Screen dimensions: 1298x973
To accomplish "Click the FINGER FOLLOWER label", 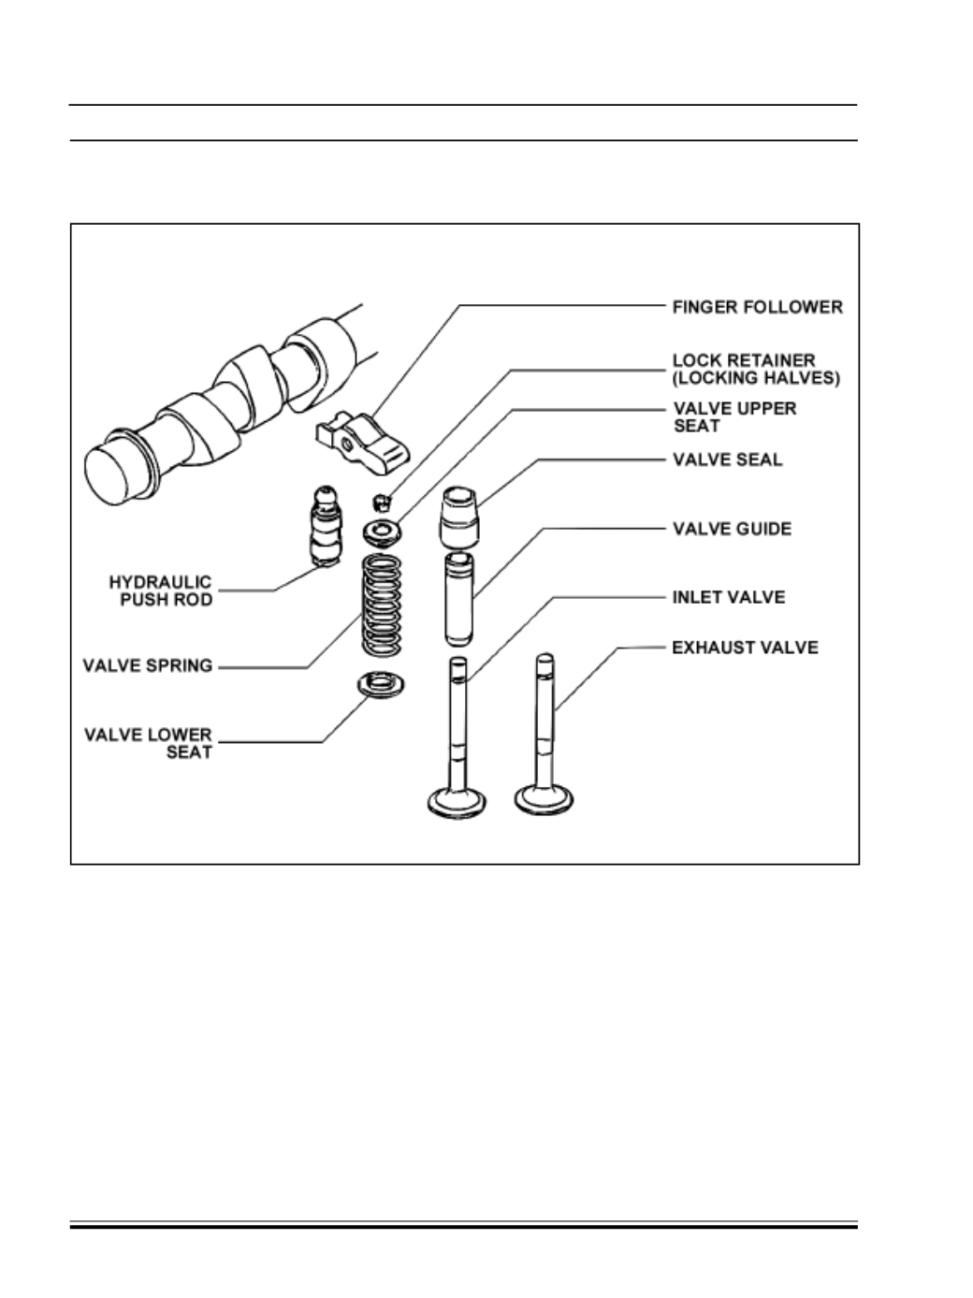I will pos(757,307).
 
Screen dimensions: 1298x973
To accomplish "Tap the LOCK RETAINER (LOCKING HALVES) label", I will pos(756,369).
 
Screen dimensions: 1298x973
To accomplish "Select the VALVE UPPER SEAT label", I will pos(734,417).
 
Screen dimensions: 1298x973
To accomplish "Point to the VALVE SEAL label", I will pos(727,460).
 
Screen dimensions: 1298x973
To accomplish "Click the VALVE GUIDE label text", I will pos(732,529).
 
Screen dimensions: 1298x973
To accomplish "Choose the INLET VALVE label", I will pos(729,597).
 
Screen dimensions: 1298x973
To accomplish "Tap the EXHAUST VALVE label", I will pos(745,648).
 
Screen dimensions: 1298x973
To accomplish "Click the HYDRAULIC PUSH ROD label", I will pos(161,591).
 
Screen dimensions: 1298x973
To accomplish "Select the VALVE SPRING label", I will pos(148,666).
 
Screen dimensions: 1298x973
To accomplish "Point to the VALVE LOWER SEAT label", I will pos(149,743).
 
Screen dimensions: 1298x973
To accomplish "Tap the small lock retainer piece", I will pos(381,496).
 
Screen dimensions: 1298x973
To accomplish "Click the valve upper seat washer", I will pos(383,532).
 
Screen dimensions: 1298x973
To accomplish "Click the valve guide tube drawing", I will pos(458,600).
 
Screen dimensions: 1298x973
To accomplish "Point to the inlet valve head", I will pos(458,801).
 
